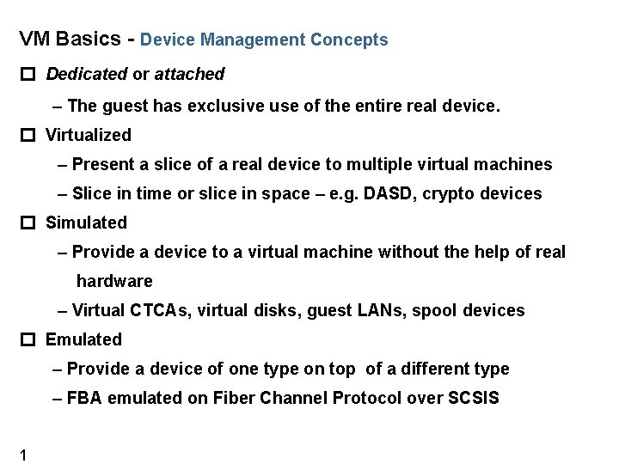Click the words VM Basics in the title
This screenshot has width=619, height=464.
[x=68, y=40]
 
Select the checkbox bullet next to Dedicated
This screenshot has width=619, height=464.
[x=28, y=75]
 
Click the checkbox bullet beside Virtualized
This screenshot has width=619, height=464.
[x=28, y=136]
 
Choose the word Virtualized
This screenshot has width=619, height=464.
[x=89, y=135]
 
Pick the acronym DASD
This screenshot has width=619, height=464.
[x=389, y=193]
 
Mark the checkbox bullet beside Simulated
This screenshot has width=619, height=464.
[x=28, y=223]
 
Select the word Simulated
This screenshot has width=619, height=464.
[x=86, y=223]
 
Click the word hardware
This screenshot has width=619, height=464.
[x=114, y=281]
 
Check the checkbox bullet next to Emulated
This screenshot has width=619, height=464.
[x=28, y=340]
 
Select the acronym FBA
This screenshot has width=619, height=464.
[x=83, y=398]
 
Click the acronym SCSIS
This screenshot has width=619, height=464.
[x=473, y=398]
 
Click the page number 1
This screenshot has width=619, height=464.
[x=23, y=455]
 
